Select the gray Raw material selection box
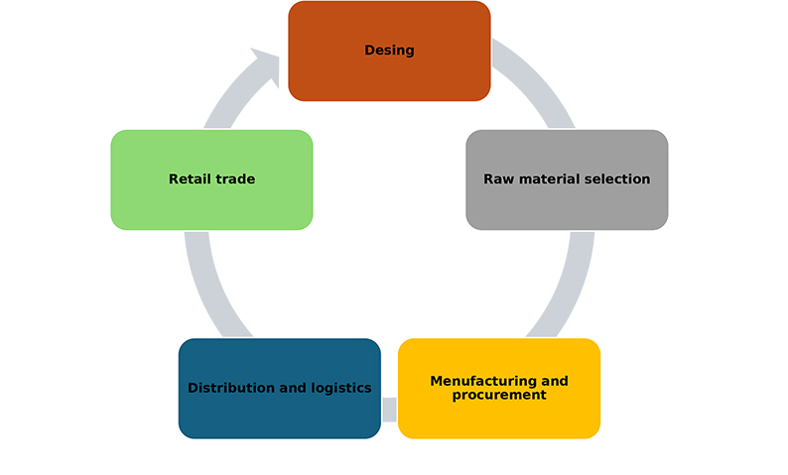click(x=567, y=179)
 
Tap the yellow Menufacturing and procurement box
click(x=499, y=389)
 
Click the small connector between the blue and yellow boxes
click(x=389, y=409)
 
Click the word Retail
click(x=190, y=179)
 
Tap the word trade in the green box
click(x=234, y=179)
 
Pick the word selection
click(x=617, y=179)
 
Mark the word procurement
click(x=499, y=395)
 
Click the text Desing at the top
click(x=389, y=51)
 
